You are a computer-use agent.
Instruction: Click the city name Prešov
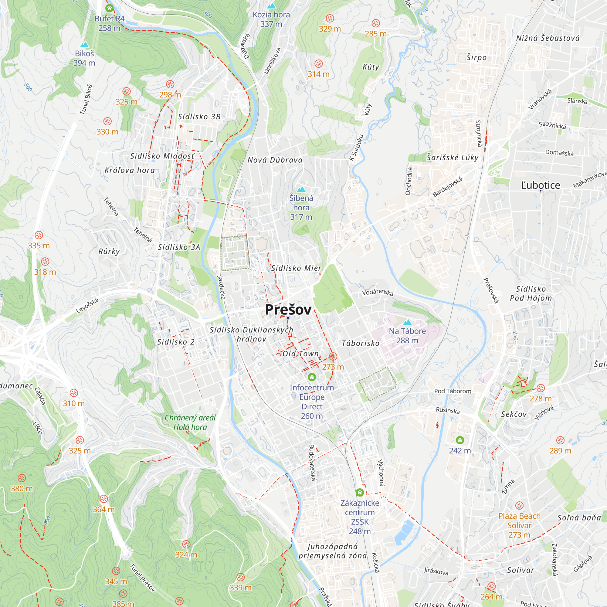(288, 310)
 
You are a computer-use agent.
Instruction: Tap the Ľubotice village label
(541, 185)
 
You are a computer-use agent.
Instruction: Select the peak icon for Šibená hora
(301, 189)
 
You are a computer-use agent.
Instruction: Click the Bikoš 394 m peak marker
(84, 45)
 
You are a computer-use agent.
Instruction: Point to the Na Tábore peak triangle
(407, 322)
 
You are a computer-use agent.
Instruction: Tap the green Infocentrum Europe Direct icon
(312, 377)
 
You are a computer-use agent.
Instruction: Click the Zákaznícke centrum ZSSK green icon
(360, 492)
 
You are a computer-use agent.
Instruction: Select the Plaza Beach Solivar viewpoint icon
(519, 506)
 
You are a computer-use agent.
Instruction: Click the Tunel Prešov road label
(143, 578)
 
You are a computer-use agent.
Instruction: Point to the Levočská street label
(87, 305)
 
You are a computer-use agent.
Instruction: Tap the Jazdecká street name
(222, 287)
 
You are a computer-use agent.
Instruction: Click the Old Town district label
(301, 354)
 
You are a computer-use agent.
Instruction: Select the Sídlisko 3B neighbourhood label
(199, 117)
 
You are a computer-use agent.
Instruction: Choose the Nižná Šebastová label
(548, 38)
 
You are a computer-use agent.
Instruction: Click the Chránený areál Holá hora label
(190, 422)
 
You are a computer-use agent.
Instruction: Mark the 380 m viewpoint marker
(22, 478)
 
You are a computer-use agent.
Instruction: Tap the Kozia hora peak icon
(271, 6)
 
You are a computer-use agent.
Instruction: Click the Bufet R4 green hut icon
(109, 8)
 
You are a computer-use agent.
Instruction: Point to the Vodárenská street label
(378, 292)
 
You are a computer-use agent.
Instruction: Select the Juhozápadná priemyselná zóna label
(332, 551)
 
